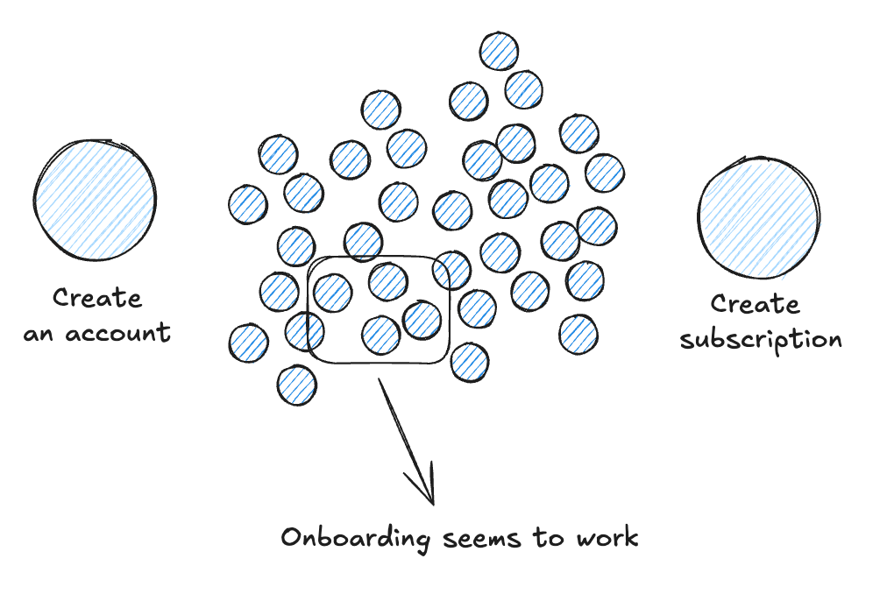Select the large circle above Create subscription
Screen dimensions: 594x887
(758, 217)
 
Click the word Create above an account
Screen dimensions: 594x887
(96, 298)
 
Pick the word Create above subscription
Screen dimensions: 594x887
(755, 305)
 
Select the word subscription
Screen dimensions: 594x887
(761, 341)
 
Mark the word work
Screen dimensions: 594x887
(608, 537)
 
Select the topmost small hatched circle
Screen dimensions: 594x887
(499, 52)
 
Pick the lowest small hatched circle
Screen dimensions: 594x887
(297, 385)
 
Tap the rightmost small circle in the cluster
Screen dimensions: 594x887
(604, 172)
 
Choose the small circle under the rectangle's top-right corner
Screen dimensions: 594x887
(451, 270)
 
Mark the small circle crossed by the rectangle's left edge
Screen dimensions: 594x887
(304, 330)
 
